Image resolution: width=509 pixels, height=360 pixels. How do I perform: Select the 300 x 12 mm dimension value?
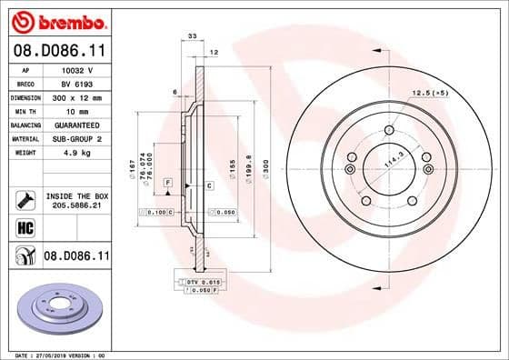(75, 95)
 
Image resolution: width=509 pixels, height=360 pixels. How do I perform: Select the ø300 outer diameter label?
(265, 169)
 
